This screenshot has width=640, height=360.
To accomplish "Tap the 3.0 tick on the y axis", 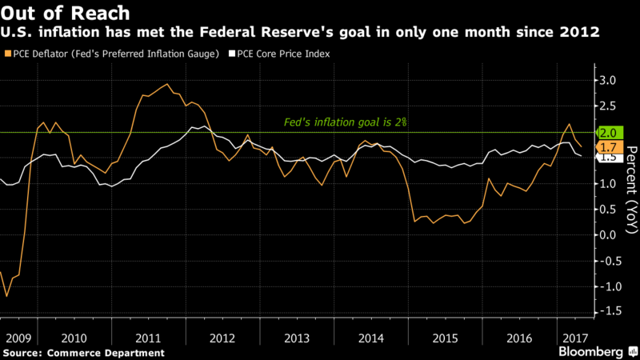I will tap(606, 81).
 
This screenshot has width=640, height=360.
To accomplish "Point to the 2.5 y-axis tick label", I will tap(606, 106).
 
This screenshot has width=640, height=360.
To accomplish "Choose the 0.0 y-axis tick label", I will tap(606, 235).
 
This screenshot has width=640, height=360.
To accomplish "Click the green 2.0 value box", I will tap(607, 132).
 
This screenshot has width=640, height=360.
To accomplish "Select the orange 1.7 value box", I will tap(607, 147).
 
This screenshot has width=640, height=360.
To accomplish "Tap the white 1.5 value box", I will tap(607, 158).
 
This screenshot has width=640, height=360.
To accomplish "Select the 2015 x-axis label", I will tap(444, 336).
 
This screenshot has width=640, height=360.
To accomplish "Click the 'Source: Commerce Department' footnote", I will tap(83, 352).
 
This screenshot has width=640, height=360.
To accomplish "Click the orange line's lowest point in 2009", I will tap(7, 296).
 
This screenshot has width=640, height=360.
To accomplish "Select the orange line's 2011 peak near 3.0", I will tap(166, 84).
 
